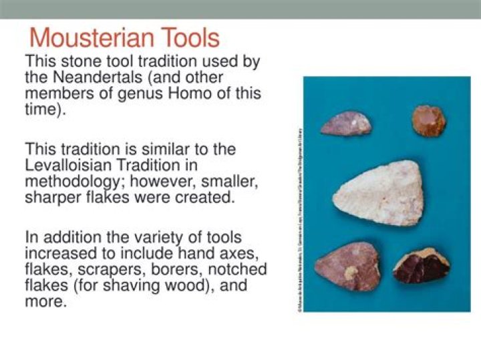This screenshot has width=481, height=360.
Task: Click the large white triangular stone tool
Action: pos(377,193)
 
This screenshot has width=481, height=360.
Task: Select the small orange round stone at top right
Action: pos(428,120)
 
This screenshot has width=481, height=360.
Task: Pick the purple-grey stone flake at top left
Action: pos(346,123)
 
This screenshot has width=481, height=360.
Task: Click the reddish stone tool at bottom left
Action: pos(347,266)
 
